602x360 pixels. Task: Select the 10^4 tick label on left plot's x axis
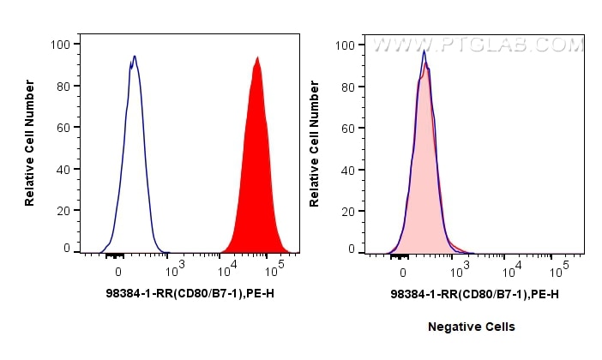pos(227,272)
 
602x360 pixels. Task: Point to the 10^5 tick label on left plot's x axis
pos(275,272)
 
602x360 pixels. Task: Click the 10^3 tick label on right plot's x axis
pos(462,272)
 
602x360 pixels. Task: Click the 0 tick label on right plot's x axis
pos(404,272)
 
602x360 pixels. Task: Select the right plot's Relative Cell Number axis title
pos(315,142)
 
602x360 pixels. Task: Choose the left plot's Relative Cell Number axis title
pos(30,142)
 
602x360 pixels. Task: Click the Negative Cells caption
pos(472,327)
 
